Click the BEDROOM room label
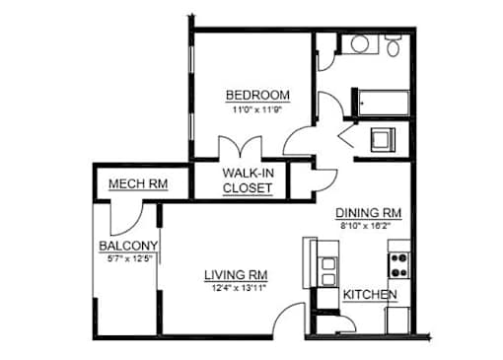tap(257, 96)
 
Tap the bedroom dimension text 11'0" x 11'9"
tap(257, 109)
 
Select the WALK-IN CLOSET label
tap(249, 180)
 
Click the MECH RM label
tap(138, 183)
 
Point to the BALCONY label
tap(128, 246)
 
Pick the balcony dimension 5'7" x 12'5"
tap(130, 258)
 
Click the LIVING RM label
tap(236, 275)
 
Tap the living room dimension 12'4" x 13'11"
tap(239, 288)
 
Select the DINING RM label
tap(368, 213)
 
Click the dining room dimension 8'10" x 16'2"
tap(365, 226)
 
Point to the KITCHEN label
tap(370, 295)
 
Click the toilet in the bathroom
tap(393, 45)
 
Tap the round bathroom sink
tap(359, 44)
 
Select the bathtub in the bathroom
tap(384, 103)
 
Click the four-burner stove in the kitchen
tap(399, 265)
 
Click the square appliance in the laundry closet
tap(383, 140)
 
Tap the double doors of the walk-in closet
tap(241, 147)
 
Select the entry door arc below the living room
tap(283, 313)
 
